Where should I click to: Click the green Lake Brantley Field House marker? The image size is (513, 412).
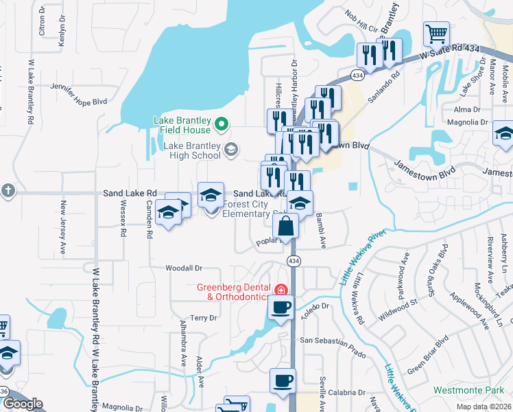coord(221,124)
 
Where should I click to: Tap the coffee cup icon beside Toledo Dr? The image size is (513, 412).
coord(281,307)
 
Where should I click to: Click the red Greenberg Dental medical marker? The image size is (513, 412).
coord(280,288)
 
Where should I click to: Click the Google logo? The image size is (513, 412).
coord(23,404)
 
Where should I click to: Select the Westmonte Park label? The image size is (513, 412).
coord(468,390)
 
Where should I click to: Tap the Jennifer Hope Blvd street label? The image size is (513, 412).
coord(80,94)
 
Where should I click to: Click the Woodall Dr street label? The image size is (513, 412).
coord(184,268)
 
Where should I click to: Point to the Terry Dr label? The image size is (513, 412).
coord(204,318)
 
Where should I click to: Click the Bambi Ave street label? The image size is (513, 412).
coord(320,230)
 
